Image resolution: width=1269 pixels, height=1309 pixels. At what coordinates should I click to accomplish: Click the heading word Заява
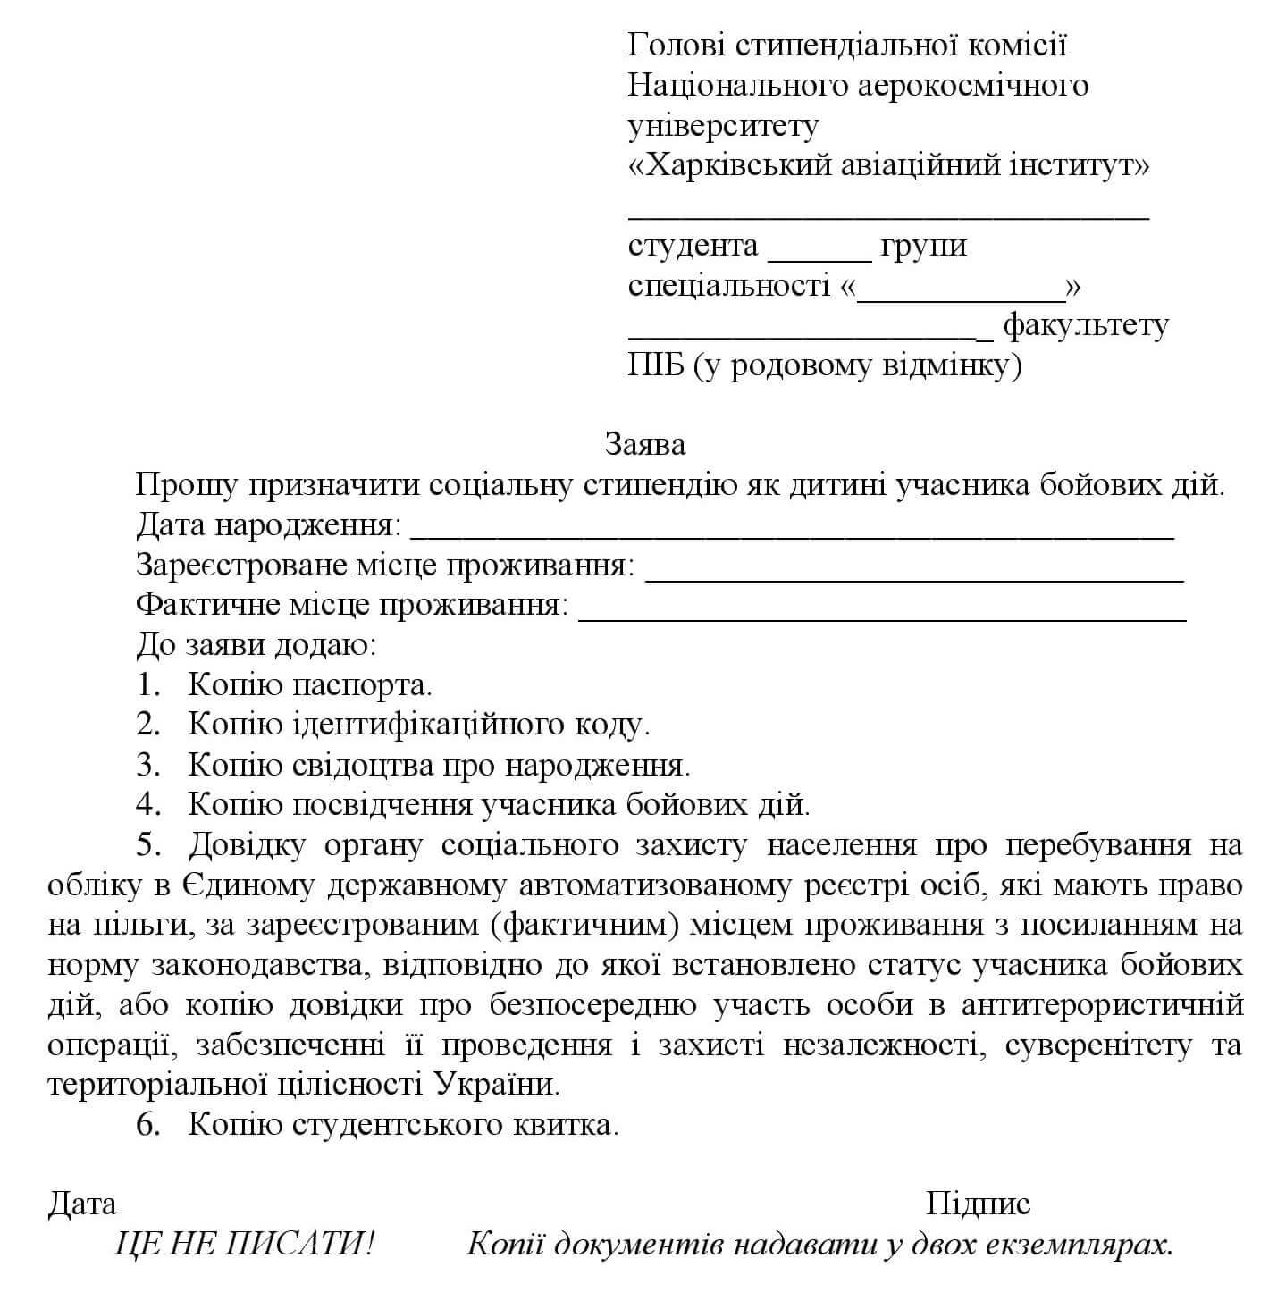coord(644,444)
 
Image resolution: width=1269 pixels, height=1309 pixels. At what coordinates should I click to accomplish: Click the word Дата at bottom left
coord(81,1204)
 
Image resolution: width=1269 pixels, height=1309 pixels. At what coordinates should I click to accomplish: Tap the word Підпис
coord(978,1204)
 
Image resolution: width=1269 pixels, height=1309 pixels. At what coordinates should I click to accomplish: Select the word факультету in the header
coord(1085,326)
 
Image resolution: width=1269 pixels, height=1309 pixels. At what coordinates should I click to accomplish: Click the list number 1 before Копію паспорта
coord(147,685)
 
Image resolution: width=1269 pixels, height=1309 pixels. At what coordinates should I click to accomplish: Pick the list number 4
coord(147,805)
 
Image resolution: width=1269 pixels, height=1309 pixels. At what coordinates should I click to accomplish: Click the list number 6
coord(147,1124)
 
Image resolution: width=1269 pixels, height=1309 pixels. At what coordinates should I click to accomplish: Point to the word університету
coord(722,126)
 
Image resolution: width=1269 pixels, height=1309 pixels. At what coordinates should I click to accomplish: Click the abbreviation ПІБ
coord(655,366)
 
